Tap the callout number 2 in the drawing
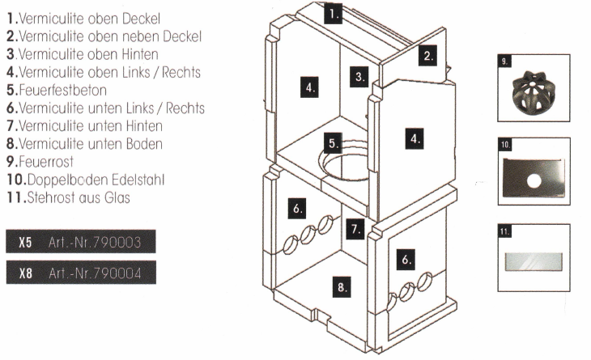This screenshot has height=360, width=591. pyautogui.click(x=428, y=56)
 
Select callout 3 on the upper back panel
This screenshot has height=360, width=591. pyautogui.click(x=359, y=78)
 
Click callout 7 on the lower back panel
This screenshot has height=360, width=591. pyautogui.click(x=355, y=229)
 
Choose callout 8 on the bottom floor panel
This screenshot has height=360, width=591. pyautogui.click(x=342, y=285)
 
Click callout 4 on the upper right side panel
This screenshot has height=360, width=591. pyautogui.click(x=415, y=139)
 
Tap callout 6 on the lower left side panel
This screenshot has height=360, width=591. pyautogui.click(x=297, y=208)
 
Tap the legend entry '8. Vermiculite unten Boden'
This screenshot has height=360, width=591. pyautogui.click(x=85, y=143)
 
